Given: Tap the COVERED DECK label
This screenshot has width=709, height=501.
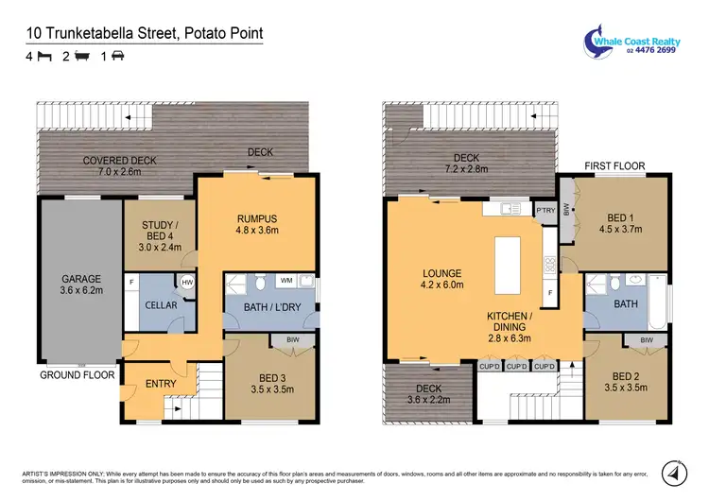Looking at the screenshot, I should point(119,161).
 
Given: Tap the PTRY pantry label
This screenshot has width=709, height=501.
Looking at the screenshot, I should point(545,211).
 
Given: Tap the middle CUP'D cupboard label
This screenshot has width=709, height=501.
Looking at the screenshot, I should point(516,367).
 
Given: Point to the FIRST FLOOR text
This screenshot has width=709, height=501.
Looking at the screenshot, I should point(614,165).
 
